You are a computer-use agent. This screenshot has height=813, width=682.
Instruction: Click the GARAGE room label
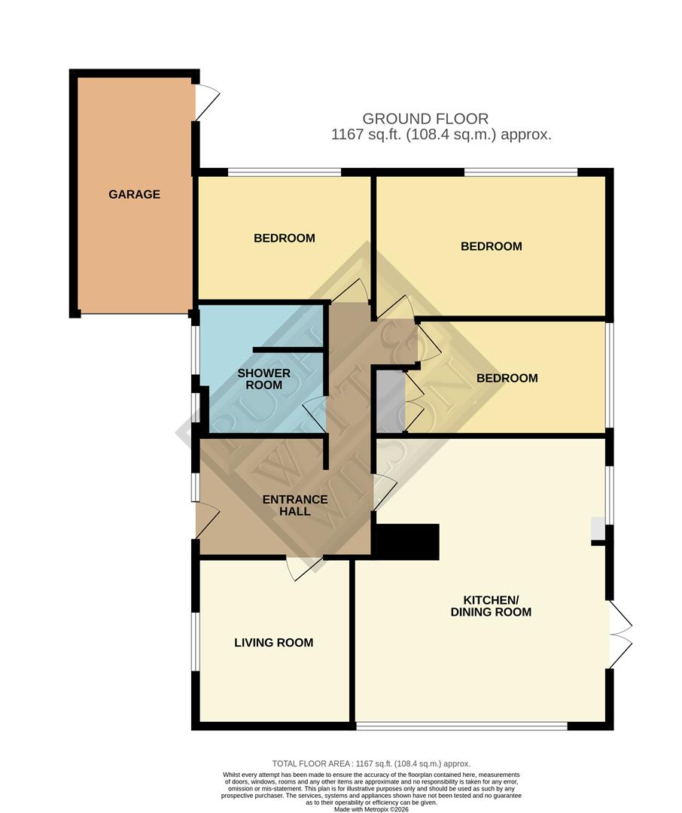[x=134, y=194]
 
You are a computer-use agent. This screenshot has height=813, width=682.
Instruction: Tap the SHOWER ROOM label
[x=263, y=379]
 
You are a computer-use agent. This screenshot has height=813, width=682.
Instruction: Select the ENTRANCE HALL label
[x=294, y=505]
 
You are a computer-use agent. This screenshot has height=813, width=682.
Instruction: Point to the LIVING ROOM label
[x=273, y=643]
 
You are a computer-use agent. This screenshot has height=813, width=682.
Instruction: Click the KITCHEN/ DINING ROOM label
[x=491, y=606]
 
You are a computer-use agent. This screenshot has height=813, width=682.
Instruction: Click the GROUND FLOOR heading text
[x=425, y=118]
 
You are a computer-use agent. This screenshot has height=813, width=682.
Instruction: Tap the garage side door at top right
[x=206, y=102]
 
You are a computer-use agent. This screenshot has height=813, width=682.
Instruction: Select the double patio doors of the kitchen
[x=619, y=635]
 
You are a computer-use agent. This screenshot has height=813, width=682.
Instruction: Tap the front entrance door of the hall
[x=207, y=521]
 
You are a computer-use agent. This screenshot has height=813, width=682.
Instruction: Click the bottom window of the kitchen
[x=461, y=726]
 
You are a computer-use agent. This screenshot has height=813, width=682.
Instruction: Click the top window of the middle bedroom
[x=285, y=172]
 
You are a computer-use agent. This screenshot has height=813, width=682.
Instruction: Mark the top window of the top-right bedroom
[x=520, y=172]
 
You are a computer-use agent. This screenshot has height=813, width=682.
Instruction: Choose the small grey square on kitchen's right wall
[x=597, y=528]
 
